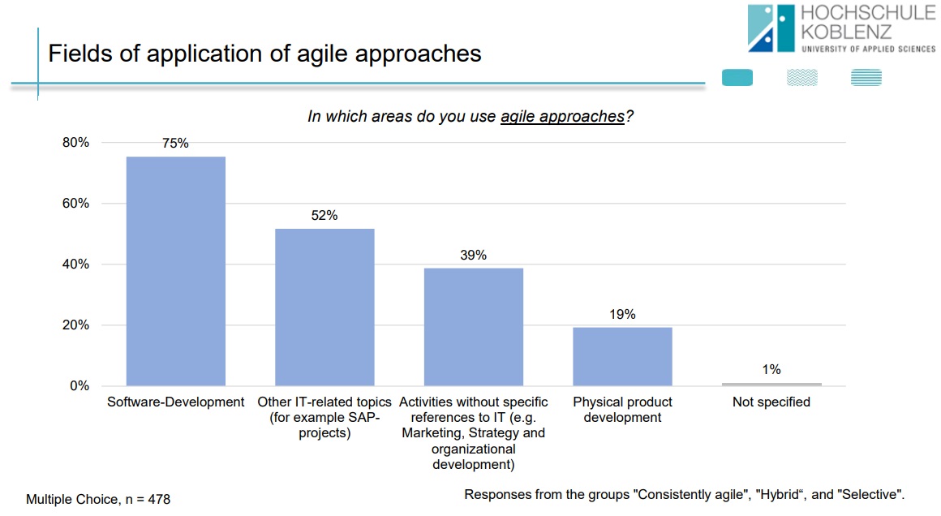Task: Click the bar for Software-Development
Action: (x=175, y=271)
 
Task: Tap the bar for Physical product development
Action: (x=622, y=356)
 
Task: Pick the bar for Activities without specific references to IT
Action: (x=473, y=326)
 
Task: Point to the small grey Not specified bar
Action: (x=771, y=384)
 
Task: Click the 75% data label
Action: (x=175, y=144)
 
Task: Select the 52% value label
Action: (x=324, y=216)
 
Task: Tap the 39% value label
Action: (x=473, y=255)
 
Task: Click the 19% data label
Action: (x=622, y=315)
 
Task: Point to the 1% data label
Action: (x=771, y=370)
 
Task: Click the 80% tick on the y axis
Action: (x=75, y=143)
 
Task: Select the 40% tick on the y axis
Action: (x=75, y=264)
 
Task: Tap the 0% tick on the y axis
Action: (x=79, y=386)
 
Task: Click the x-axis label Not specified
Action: (x=771, y=402)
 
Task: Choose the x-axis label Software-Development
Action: (x=175, y=402)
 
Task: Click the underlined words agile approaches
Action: (x=562, y=117)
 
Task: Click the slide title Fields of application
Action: (x=264, y=54)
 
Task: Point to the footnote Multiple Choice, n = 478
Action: (x=98, y=500)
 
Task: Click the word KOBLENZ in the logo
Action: (x=845, y=32)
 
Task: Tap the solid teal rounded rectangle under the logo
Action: (x=737, y=78)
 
